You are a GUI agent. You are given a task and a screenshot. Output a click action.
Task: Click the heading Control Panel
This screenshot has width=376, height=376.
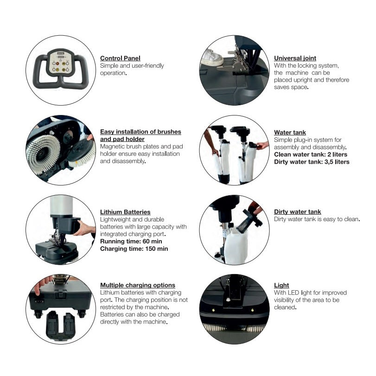click(x=120, y=58)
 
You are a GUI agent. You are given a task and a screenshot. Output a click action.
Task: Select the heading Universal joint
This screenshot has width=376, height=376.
click(x=295, y=58)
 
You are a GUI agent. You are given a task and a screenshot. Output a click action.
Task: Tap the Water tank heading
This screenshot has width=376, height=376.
click(x=290, y=133)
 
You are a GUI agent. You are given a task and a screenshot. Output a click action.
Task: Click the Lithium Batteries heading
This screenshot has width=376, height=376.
click(x=125, y=212)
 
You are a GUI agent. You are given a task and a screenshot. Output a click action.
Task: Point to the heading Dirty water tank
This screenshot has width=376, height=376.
click(x=297, y=212)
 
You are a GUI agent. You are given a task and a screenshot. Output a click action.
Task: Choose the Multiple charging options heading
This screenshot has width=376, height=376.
click(x=137, y=285)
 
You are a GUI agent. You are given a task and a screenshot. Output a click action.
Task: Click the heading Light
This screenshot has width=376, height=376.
click(x=281, y=286)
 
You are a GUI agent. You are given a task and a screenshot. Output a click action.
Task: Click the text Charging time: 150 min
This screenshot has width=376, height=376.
click(x=134, y=249)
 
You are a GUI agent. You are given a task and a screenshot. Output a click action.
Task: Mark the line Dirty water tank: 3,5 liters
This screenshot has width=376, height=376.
click(x=312, y=162)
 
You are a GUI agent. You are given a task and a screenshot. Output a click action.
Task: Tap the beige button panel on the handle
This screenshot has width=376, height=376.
click(x=60, y=62)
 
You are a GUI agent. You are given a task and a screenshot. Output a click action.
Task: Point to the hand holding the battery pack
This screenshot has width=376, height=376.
click(x=83, y=229)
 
